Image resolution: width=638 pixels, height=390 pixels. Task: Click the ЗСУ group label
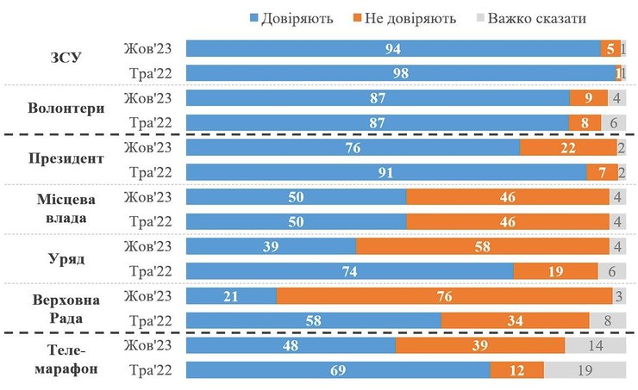pos(66,59)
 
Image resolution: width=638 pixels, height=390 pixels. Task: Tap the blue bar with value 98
pos(400,73)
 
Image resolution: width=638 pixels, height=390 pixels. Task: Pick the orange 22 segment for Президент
pos(567,147)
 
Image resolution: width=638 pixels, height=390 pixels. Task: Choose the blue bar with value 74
pos(349,272)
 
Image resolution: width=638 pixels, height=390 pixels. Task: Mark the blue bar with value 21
pos(231,297)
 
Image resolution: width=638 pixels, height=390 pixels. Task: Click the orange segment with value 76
pos(444,297)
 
